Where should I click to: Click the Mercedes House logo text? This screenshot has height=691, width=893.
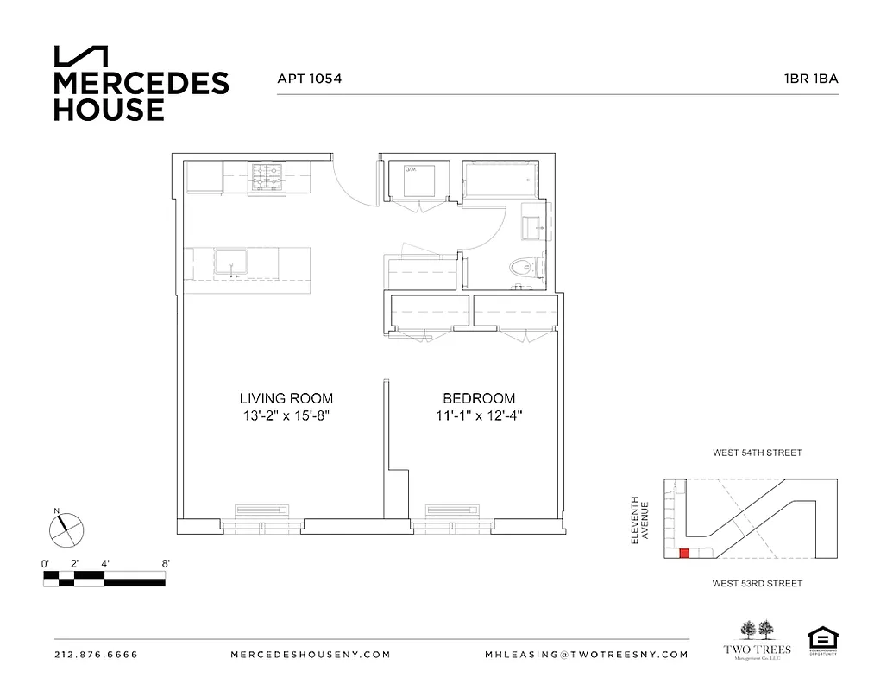[x=141, y=95]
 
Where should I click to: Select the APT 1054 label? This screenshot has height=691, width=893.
[x=309, y=79]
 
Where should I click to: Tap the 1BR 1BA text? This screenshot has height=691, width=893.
[x=810, y=79]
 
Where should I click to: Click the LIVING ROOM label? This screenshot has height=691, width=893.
[x=286, y=398]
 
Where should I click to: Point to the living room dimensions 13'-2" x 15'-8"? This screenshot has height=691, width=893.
[x=286, y=415]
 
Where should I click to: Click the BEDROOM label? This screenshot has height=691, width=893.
[x=479, y=398]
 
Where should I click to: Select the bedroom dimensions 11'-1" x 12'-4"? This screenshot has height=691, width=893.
[x=479, y=415]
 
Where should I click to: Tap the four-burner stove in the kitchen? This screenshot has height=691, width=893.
[x=268, y=178]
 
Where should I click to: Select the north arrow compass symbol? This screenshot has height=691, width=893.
[x=66, y=529]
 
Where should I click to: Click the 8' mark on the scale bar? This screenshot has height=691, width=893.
[x=166, y=563]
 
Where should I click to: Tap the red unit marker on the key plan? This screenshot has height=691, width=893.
[x=684, y=554]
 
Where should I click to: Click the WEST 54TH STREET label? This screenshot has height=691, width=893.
[x=757, y=453]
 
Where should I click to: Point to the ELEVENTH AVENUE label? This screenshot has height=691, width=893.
[x=638, y=519]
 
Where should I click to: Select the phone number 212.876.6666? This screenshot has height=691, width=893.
[x=96, y=655]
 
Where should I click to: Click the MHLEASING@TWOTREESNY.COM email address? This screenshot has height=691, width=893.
[x=587, y=655]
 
